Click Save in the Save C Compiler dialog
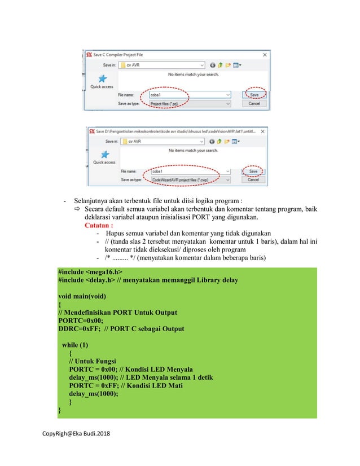[x=254, y=95]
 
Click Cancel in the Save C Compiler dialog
[x=254, y=104]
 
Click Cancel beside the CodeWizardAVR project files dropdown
[x=253, y=179]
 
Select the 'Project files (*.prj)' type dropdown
[x=190, y=104]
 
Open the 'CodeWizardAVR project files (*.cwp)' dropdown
[x=192, y=179]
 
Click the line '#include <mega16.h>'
[x=90, y=272]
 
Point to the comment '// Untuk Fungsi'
[x=93, y=361]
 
